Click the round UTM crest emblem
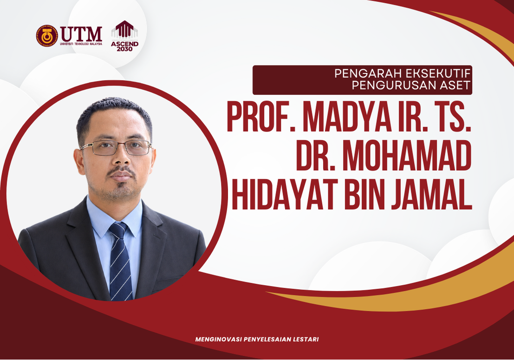pyautogui.click(x=47, y=36)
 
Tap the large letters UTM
pyautogui.click(x=81, y=34)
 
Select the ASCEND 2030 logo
pyautogui.click(x=124, y=36)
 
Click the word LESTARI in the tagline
pyautogui.click(x=306, y=340)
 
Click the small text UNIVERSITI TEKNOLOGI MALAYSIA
pyautogui.click(x=81, y=44)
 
